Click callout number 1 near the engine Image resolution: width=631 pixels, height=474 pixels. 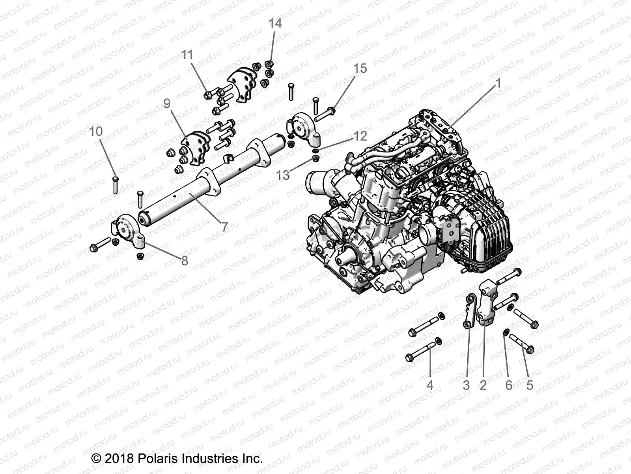(x=498, y=83)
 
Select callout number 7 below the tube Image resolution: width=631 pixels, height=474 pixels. (x=224, y=227)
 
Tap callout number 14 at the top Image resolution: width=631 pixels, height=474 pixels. (x=275, y=23)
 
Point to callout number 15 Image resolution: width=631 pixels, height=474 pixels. (x=360, y=68)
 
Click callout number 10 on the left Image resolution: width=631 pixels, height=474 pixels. (x=96, y=131)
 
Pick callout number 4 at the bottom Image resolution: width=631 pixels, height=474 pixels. (x=430, y=385)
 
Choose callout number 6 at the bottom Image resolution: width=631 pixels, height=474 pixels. (x=509, y=385)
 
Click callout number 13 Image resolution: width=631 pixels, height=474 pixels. (x=283, y=175)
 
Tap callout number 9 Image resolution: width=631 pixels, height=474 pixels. (x=167, y=103)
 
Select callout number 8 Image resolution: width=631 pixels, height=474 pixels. (x=184, y=261)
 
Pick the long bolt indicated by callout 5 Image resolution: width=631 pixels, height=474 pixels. (x=521, y=343)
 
